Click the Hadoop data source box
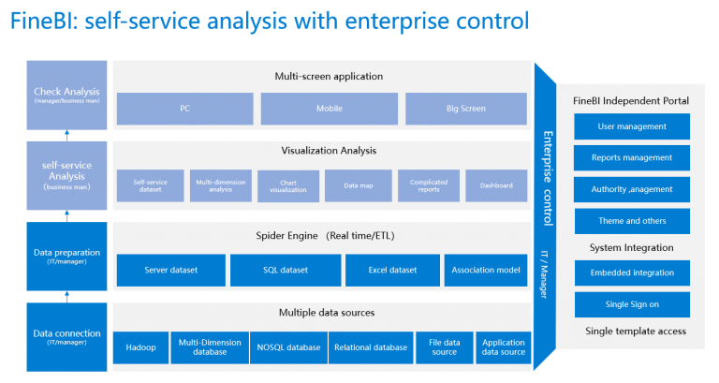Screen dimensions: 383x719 [140, 347]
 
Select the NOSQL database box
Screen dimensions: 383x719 [289, 347]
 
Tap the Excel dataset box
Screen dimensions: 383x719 [390, 271]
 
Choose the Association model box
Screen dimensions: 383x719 [487, 271]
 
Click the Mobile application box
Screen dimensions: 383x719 [329, 109]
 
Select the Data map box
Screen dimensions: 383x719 [359, 185]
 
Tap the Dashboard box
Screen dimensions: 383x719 [496, 185]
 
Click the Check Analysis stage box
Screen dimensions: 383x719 [66, 96]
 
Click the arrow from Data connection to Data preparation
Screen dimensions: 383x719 [66, 295]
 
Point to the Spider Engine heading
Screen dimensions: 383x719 [323, 236]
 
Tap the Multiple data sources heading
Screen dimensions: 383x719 [323, 313]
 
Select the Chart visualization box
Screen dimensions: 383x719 [287, 185]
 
